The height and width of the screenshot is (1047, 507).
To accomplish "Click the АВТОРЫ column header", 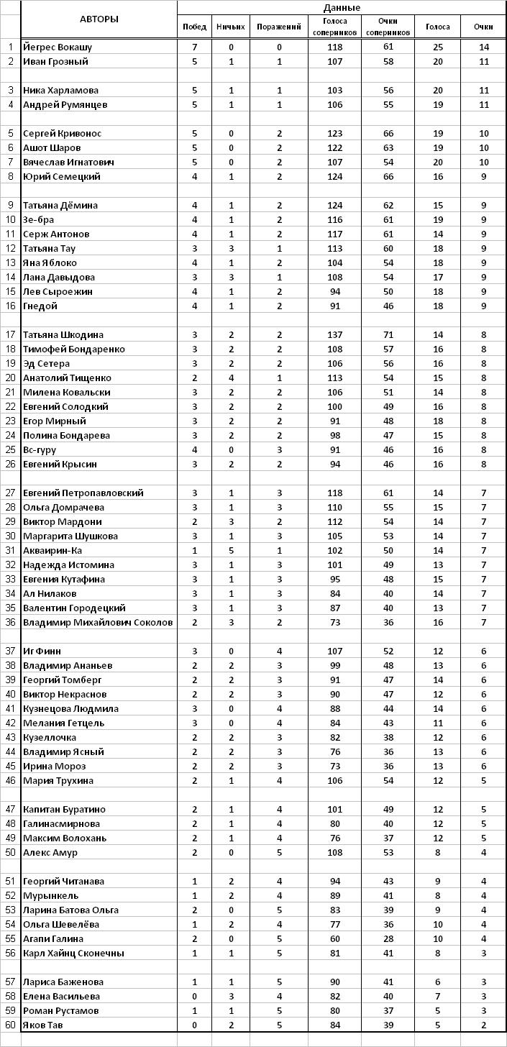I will click(99, 19).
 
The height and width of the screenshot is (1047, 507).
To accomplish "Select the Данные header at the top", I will click(342, 7).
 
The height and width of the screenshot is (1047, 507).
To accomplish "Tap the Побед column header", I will click(194, 27).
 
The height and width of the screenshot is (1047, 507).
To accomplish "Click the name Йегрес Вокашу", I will click(58, 47).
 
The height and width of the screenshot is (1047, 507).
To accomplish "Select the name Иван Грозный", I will click(55, 62).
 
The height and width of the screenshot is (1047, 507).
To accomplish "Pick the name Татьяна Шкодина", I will click(63, 335).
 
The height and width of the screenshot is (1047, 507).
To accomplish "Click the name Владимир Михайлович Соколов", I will click(98, 623).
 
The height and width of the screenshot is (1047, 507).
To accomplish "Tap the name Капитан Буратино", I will click(64, 810).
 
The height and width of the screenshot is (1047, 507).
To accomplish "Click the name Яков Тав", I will click(44, 1025).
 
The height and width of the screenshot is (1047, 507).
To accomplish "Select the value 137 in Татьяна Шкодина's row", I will click(334, 335).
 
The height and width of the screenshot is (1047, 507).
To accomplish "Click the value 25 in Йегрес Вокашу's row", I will click(437, 47).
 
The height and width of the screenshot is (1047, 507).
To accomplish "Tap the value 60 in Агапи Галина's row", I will click(334, 939).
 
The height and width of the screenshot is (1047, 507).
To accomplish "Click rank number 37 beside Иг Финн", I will click(11, 651).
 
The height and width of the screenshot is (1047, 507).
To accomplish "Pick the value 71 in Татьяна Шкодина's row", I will click(388, 335).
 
